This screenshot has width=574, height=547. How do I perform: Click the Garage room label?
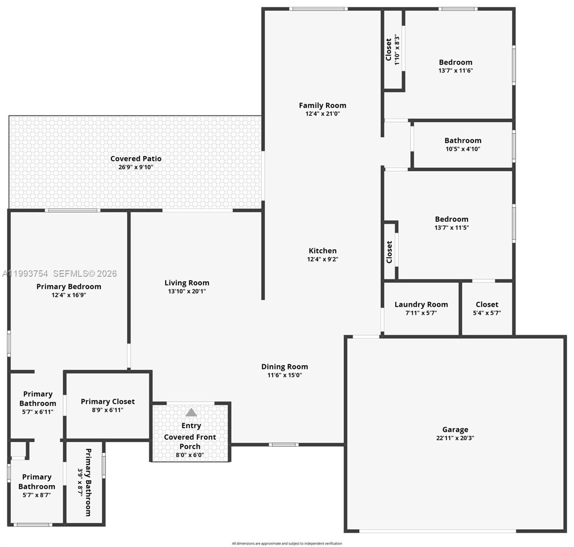(x=455, y=429)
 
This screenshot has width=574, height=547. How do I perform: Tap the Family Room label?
(x=323, y=105)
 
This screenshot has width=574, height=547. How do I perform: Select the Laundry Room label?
(x=421, y=304)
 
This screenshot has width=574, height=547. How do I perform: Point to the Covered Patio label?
(x=136, y=159)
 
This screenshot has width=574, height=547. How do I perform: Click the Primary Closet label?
(x=108, y=402)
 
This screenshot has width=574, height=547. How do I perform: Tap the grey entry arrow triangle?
(x=191, y=413)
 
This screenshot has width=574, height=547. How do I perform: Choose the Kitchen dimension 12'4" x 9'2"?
(x=323, y=259)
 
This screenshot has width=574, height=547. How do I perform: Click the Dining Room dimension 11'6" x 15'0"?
(x=285, y=375)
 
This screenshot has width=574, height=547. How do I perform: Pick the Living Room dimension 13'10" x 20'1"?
(x=187, y=291)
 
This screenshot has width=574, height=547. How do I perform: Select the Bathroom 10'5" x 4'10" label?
(x=463, y=141)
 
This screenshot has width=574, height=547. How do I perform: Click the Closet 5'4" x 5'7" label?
(x=487, y=304)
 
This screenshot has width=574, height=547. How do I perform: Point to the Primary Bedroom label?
(x=69, y=287)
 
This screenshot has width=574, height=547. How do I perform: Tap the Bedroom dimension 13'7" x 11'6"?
(x=456, y=71)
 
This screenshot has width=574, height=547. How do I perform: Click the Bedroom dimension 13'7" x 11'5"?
(x=451, y=227)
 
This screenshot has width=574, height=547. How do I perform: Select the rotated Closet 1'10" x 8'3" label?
(x=389, y=49)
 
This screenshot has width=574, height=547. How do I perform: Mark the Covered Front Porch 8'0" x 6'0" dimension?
(x=190, y=454)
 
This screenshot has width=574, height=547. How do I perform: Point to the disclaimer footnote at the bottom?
(x=287, y=543)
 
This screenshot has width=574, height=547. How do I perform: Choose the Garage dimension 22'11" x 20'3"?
(x=455, y=438)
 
